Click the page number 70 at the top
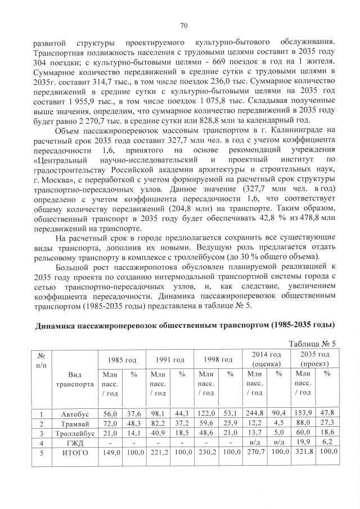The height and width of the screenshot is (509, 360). click(x=183, y=25)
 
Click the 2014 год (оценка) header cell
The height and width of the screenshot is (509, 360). click(x=267, y=358)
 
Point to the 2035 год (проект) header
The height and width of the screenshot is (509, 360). click(x=315, y=358)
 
